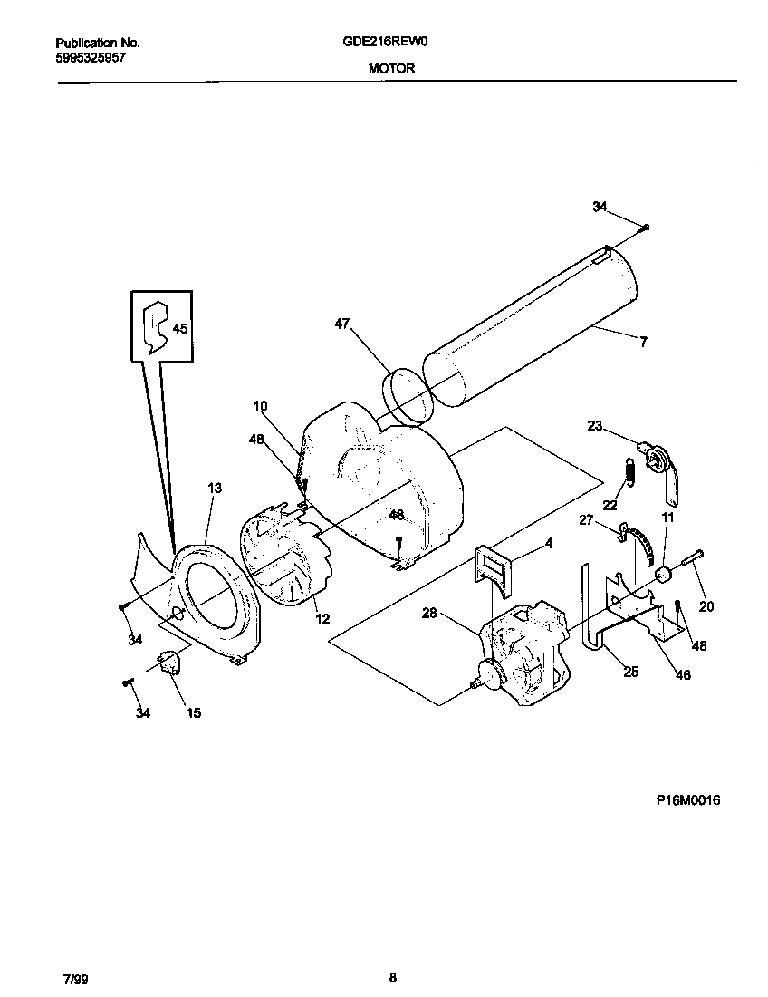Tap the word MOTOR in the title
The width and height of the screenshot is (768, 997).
(x=392, y=68)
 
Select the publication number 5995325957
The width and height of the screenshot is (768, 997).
(x=91, y=56)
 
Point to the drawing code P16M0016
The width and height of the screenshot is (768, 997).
(x=688, y=800)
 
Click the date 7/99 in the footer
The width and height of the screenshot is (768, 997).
(x=76, y=979)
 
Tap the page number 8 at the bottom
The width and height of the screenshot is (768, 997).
(x=392, y=977)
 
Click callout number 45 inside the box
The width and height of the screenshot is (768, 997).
(x=180, y=329)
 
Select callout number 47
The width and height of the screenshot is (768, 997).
(x=341, y=323)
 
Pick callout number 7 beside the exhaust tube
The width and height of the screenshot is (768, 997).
(x=643, y=342)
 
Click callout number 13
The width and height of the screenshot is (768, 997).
(x=214, y=488)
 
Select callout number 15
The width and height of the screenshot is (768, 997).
(x=194, y=713)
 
